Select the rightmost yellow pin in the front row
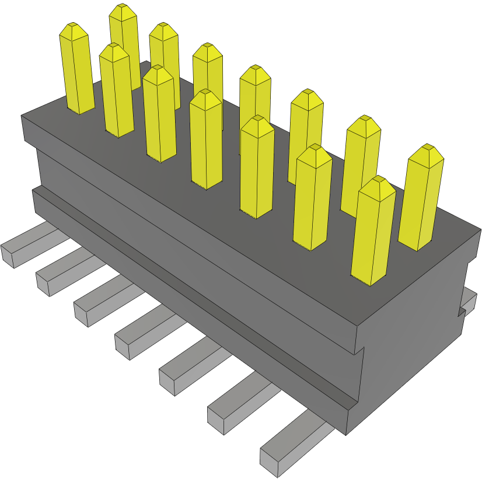click(x=373, y=233)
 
